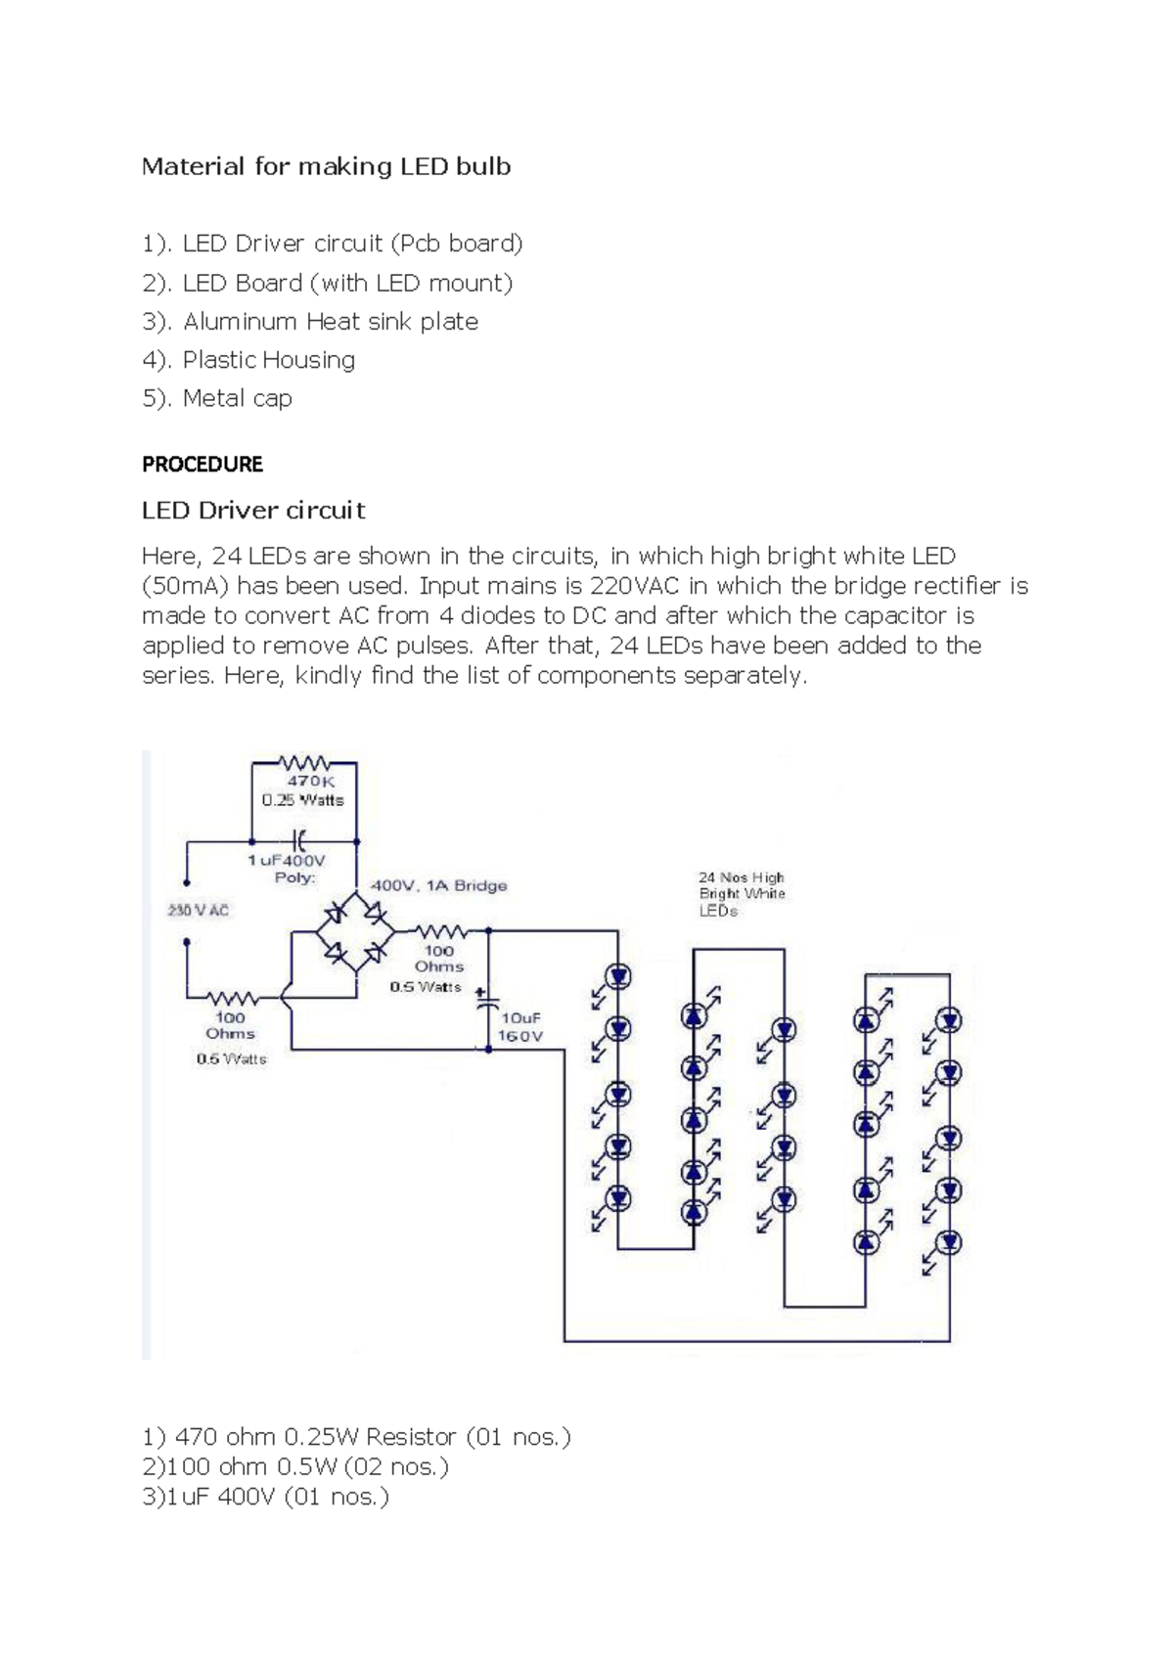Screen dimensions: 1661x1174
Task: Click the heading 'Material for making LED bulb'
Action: [326, 166]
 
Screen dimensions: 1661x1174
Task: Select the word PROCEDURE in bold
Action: [203, 465]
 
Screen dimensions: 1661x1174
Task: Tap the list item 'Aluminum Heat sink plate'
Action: [330, 322]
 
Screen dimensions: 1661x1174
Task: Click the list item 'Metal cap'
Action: [237, 399]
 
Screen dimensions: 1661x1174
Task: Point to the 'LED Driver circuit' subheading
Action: [253, 511]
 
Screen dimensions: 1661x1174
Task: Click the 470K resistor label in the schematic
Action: [310, 782]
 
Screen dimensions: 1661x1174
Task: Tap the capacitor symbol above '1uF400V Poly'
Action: [299, 839]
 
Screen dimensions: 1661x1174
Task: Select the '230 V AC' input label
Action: [198, 911]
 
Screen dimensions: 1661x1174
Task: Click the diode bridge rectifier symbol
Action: [352, 932]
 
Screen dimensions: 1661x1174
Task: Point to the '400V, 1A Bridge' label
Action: [438, 885]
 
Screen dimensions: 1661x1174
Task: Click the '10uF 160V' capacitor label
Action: [521, 1026]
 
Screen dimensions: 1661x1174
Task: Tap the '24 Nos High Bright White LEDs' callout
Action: [741, 894]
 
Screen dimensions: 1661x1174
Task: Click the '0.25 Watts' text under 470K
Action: [302, 800]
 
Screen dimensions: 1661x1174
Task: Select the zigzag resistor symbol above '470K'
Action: [304, 762]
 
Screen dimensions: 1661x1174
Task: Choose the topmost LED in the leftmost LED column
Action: [618, 976]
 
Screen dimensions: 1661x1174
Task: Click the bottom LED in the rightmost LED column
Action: [948, 1242]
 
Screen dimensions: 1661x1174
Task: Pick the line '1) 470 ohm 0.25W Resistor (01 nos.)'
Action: [356, 1437]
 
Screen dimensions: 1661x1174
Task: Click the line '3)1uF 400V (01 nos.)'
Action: [265, 1497]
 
